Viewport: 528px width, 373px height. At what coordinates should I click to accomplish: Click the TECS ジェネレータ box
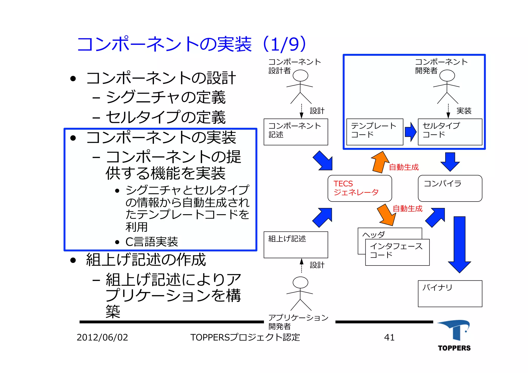click(x=359, y=188)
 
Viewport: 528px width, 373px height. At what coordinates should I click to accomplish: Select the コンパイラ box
click(x=450, y=188)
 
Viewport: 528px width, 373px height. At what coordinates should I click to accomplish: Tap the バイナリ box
click(x=450, y=293)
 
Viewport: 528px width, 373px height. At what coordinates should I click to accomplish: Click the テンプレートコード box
click(x=375, y=132)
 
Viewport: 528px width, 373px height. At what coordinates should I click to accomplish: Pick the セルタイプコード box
click(x=450, y=132)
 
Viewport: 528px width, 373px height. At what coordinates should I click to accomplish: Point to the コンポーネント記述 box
click(x=296, y=132)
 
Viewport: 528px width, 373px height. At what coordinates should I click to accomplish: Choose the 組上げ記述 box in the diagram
click(x=296, y=244)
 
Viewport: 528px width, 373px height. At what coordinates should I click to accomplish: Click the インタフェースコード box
click(x=397, y=252)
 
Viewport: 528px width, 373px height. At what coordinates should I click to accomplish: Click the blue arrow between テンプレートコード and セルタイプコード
click(x=410, y=132)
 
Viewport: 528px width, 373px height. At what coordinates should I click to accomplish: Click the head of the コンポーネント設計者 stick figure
click(x=300, y=76)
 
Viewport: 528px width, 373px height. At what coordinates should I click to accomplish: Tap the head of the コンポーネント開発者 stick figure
click(x=447, y=76)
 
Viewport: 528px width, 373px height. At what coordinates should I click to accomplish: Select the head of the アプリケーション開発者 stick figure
click(x=300, y=283)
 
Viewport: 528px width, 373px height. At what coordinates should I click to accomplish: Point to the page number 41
click(x=389, y=337)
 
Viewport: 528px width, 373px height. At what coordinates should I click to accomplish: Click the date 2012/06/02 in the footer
click(x=102, y=337)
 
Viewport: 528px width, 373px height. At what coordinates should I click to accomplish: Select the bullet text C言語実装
click(x=152, y=242)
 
